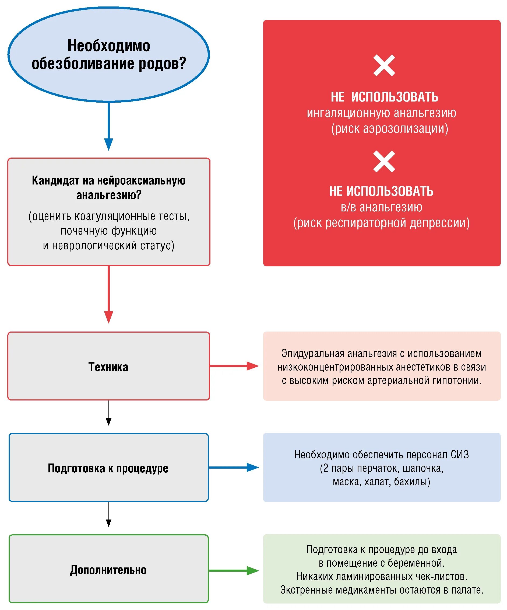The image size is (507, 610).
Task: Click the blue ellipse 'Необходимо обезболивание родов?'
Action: point(108,54)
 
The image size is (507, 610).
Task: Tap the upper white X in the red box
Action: point(384,65)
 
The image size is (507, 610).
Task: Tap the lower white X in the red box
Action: point(384,162)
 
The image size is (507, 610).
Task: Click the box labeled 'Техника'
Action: point(108,367)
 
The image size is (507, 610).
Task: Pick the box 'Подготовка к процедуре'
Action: point(108,469)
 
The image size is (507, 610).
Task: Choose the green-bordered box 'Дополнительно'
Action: point(108,570)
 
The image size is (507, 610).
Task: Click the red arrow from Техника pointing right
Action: point(234,366)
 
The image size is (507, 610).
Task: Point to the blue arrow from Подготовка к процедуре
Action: point(234,467)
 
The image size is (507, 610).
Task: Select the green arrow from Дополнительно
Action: point(234,570)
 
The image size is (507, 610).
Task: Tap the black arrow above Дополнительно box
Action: point(108,514)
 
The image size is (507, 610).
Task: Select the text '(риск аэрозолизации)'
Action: point(389,129)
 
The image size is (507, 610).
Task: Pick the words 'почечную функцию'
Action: point(108,231)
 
